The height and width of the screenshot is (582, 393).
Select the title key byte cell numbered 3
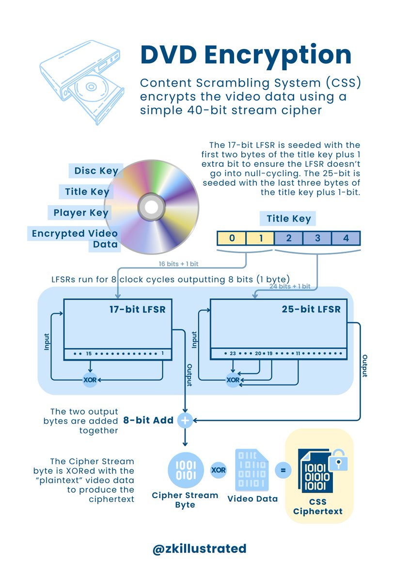point(317,238)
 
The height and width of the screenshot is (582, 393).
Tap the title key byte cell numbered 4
point(346,238)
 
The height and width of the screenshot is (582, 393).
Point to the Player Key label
point(81,212)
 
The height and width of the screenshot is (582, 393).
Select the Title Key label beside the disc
point(87,192)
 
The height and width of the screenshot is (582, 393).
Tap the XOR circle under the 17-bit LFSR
point(90,379)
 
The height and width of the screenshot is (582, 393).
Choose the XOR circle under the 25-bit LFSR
point(233,379)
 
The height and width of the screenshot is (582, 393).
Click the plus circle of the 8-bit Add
point(185,420)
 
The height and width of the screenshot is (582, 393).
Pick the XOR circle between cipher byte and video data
point(219,470)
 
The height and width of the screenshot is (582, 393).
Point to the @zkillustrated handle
point(199,549)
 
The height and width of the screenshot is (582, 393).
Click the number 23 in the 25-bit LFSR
point(233,353)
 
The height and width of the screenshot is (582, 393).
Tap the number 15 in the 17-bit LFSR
point(89,354)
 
